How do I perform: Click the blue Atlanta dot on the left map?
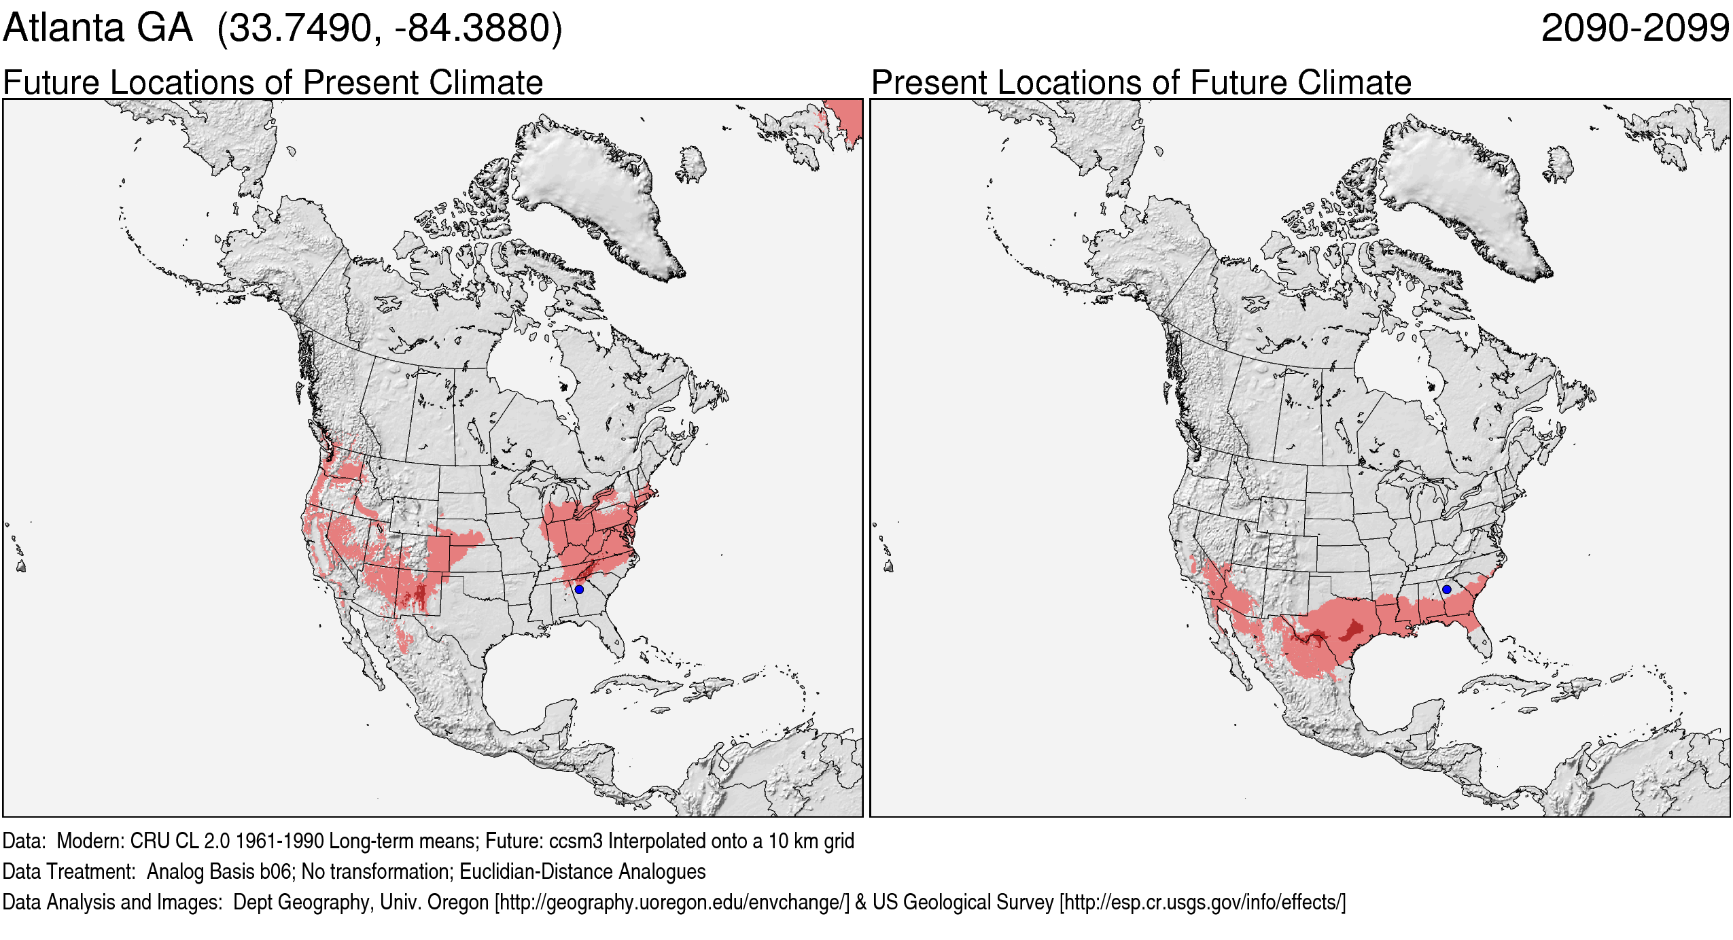pos(579,589)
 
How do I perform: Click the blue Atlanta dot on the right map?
pos(1446,589)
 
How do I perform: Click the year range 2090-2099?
pos(1635,29)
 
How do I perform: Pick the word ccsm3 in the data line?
pos(576,841)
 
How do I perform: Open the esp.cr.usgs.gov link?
pos(1202,903)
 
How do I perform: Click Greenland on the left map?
pos(591,190)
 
